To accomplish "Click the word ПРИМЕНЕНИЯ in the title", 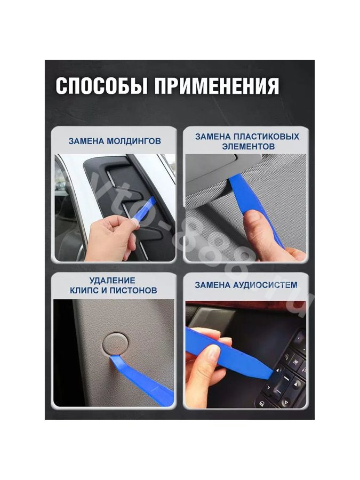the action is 217,86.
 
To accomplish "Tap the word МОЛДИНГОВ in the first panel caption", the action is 134,141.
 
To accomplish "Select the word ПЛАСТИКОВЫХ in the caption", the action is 266,137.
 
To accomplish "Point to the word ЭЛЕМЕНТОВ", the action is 248,146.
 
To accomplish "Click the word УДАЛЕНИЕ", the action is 113,281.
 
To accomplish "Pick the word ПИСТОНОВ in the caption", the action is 133,290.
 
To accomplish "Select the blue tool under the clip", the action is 141,380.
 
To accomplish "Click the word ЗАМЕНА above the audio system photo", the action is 212,285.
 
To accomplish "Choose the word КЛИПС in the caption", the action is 84,290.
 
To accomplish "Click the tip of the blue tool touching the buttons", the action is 272,373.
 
